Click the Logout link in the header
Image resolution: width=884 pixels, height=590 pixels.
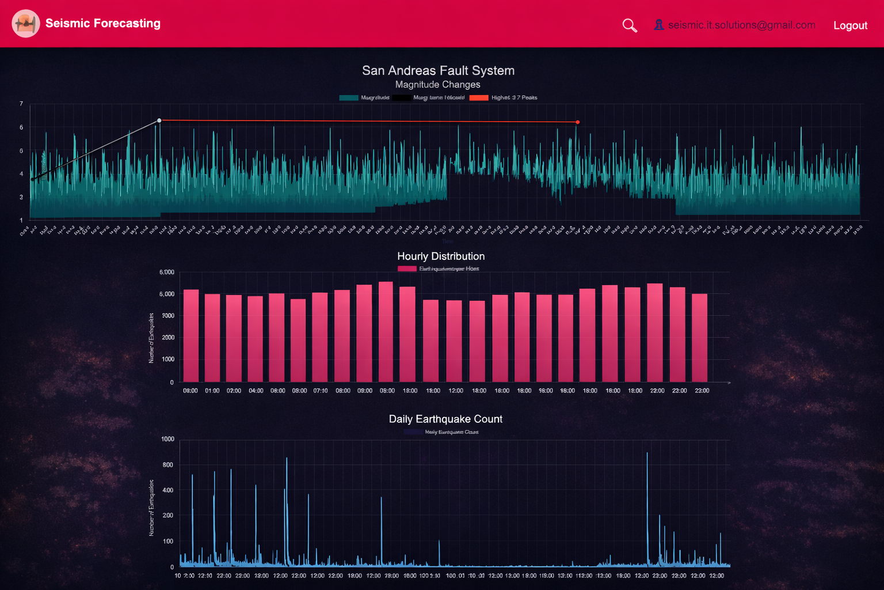pos(850,25)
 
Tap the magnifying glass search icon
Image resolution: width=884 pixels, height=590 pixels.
pos(630,25)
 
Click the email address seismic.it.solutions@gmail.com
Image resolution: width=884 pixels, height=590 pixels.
pos(741,25)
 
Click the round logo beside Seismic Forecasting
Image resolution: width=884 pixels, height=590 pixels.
pos(25,24)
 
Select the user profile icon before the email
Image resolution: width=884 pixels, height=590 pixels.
pos(658,25)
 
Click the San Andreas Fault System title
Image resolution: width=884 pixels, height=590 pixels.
pos(438,70)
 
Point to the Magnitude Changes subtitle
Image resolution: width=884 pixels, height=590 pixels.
pos(437,85)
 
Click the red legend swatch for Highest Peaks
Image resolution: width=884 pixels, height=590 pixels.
pos(479,98)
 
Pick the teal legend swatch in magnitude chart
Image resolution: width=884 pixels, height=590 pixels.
pos(349,98)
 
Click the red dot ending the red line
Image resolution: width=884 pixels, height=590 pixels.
pos(578,122)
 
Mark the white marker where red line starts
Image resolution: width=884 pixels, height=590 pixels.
pos(159,120)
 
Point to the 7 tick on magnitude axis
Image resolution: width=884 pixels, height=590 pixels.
pos(21,104)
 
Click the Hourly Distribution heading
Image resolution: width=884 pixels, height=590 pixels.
pos(441,256)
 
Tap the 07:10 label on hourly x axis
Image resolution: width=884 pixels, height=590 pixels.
pos(321,391)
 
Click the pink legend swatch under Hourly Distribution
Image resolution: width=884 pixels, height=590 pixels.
pos(407,268)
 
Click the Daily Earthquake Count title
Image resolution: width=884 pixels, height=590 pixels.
pos(445,419)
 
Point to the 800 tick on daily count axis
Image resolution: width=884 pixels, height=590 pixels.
pos(167,464)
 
